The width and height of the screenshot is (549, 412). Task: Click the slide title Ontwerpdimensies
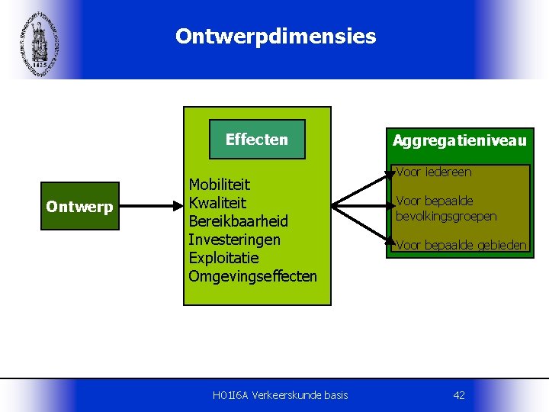pyautogui.click(x=275, y=37)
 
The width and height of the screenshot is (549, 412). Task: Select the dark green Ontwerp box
pyautogui.click(x=79, y=206)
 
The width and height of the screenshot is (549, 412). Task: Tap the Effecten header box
pyautogui.click(x=257, y=139)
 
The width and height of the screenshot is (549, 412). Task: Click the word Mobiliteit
pyautogui.click(x=220, y=185)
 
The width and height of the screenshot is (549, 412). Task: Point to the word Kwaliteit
pyautogui.click(x=217, y=203)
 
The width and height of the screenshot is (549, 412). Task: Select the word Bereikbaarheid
pyautogui.click(x=239, y=221)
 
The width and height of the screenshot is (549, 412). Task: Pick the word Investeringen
pyautogui.click(x=234, y=240)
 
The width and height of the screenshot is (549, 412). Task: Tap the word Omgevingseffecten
pyautogui.click(x=252, y=276)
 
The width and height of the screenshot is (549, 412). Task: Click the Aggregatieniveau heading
pyautogui.click(x=459, y=140)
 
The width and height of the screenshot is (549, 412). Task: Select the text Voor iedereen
pyautogui.click(x=434, y=172)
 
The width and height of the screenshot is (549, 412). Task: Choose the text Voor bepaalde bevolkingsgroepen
pyautogui.click(x=446, y=208)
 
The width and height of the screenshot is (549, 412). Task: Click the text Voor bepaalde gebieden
pyautogui.click(x=461, y=245)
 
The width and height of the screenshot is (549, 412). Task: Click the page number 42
pyautogui.click(x=459, y=394)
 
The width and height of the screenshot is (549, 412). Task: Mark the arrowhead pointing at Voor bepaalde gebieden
pyautogui.click(x=391, y=246)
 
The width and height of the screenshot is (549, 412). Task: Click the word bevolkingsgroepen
pyautogui.click(x=446, y=216)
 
